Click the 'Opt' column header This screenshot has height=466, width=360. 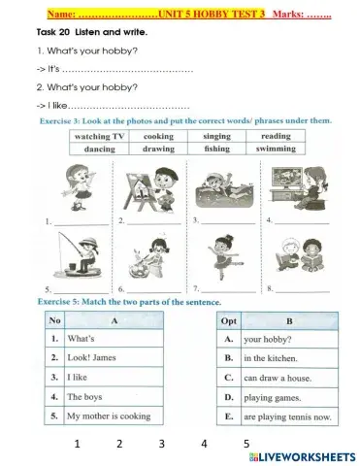point(229,319)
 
